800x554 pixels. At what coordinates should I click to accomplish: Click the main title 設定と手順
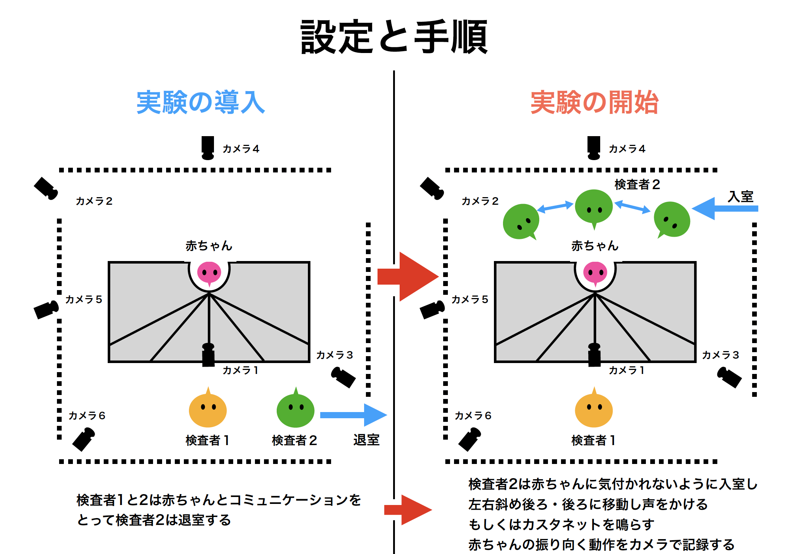[394, 37]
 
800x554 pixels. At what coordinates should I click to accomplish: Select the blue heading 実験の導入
[201, 102]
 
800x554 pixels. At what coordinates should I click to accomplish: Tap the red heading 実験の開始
[594, 102]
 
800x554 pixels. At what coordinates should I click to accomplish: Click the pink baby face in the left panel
[209, 272]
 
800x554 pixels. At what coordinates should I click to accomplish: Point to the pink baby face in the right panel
[595, 272]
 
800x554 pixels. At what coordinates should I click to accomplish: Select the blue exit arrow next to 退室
[353, 415]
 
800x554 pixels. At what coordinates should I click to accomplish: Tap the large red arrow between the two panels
[408, 277]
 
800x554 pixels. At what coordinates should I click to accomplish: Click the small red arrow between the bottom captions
[408, 510]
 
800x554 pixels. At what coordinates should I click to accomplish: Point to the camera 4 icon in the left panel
[208, 147]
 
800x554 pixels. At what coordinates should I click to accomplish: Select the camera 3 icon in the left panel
[343, 377]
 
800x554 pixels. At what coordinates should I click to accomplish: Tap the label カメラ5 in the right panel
[470, 300]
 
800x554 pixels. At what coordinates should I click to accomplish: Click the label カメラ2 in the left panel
[94, 201]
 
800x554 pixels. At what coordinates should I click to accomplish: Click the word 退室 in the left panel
[366, 440]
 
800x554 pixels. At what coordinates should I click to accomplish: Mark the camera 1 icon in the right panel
[594, 355]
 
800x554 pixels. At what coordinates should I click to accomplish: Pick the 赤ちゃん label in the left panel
[209, 246]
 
